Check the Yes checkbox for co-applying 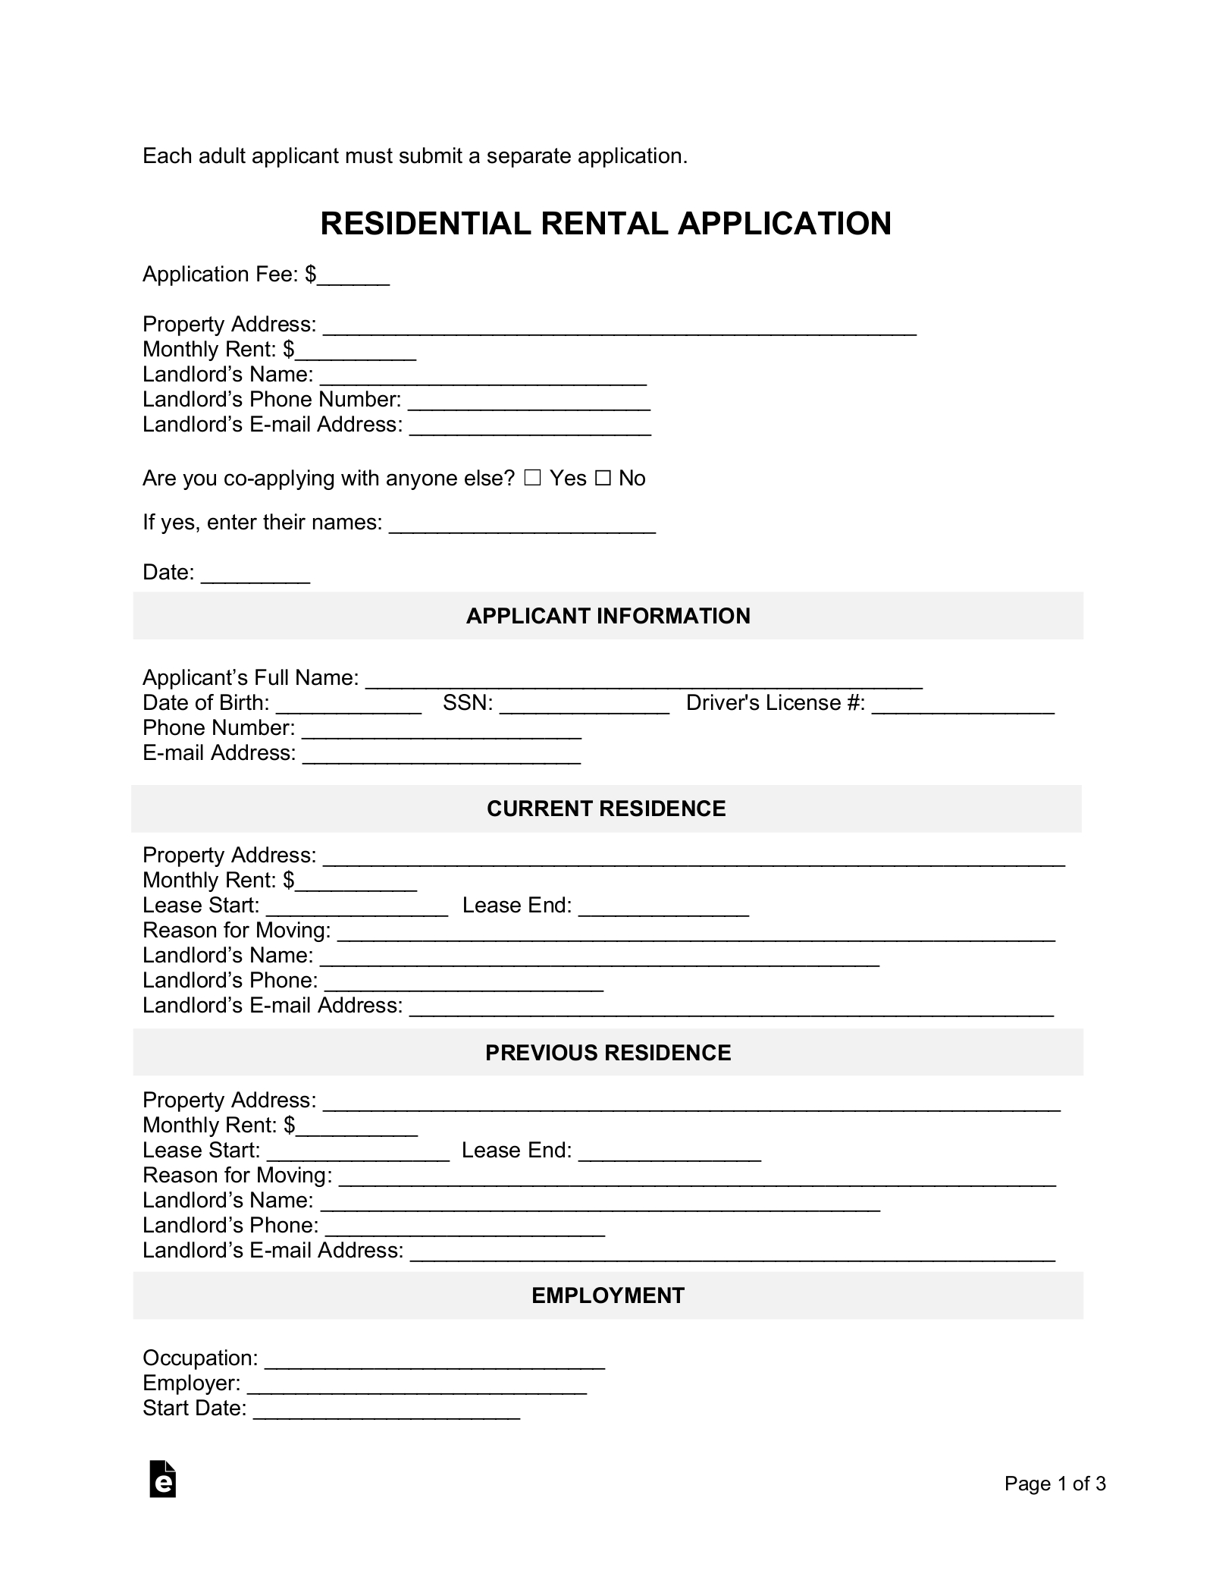[x=532, y=479]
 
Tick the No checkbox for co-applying [x=603, y=479]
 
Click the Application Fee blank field [x=353, y=276]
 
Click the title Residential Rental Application [x=606, y=224]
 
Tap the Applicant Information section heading [x=608, y=616]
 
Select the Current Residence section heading [x=606, y=809]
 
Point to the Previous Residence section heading [x=608, y=1053]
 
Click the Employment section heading [x=608, y=1295]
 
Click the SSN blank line [x=585, y=705]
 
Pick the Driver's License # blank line [x=963, y=705]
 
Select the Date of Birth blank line [x=349, y=705]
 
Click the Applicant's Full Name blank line [x=644, y=680]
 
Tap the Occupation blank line [x=434, y=1359]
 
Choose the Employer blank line [x=417, y=1384]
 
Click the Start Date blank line [x=387, y=1409]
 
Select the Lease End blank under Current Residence [x=663, y=907]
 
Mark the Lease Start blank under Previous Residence [x=359, y=1151]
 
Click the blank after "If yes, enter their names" [x=522, y=524]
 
